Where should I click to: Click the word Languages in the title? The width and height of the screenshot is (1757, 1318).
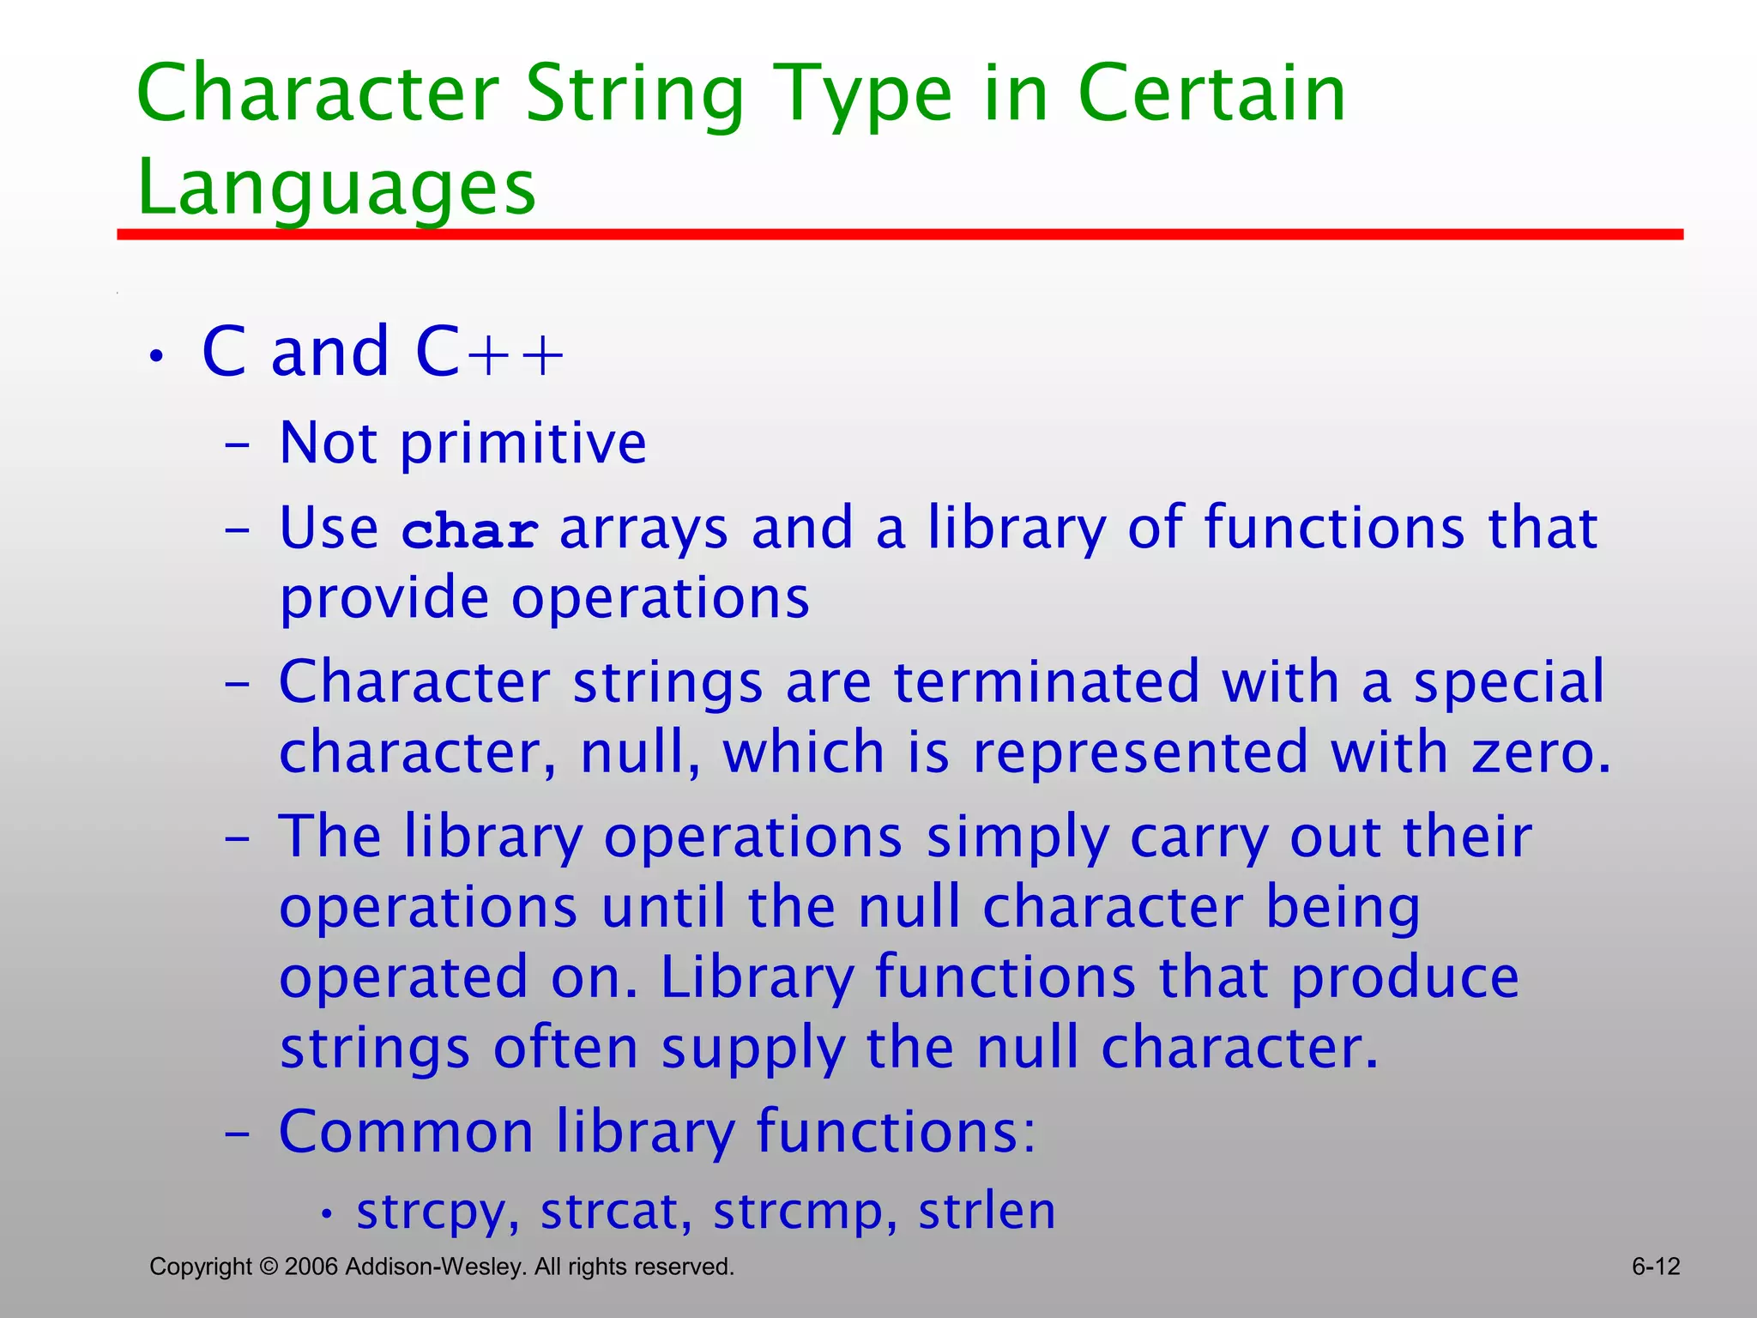pos(336,187)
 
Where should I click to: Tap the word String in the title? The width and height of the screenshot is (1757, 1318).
pos(635,94)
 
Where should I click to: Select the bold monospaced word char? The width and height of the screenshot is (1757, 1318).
pos(470,531)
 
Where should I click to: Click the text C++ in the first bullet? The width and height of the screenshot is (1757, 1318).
pos(490,353)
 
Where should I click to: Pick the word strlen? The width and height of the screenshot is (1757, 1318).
pos(987,1211)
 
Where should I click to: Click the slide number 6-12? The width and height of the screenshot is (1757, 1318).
pos(1655,1267)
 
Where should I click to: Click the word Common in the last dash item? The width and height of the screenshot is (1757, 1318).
pos(407,1132)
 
